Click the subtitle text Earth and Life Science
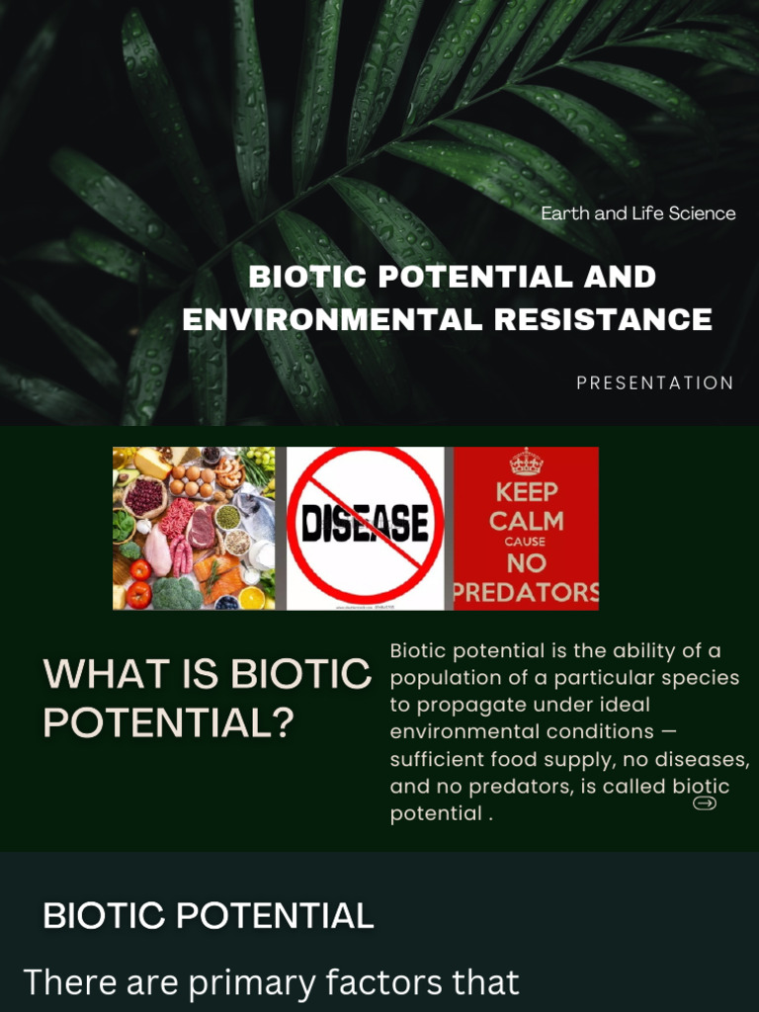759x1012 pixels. (x=637, y=213)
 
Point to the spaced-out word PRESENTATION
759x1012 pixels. (x=655, y=383)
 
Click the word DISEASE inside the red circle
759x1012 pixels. (x=365, y=525)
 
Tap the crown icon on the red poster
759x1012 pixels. (x=526, y=463)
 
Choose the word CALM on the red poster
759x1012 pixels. (x=526, y=520)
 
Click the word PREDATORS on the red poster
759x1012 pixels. (x=526, y=592)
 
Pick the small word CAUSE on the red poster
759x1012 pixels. (x=526, y=543)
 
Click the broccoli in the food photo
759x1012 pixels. (x=176, y=592)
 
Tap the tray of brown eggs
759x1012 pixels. (x=192, y=480)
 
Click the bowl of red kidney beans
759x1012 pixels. (x=145, y=496)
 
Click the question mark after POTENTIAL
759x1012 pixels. (x=283, y=723)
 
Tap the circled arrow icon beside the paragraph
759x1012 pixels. (x=705, y=803)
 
